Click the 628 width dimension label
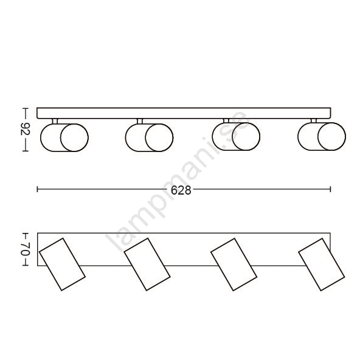[181, 190]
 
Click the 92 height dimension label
[26, 130]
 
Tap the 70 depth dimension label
[26, 249]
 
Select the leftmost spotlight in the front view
[64, 138]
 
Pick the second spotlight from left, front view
[149, 138]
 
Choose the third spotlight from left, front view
[236, 137]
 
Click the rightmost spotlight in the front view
[322, 137]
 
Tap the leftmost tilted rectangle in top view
[62, 265]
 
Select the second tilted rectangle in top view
[147, 265]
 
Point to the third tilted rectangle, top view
[234, 265]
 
